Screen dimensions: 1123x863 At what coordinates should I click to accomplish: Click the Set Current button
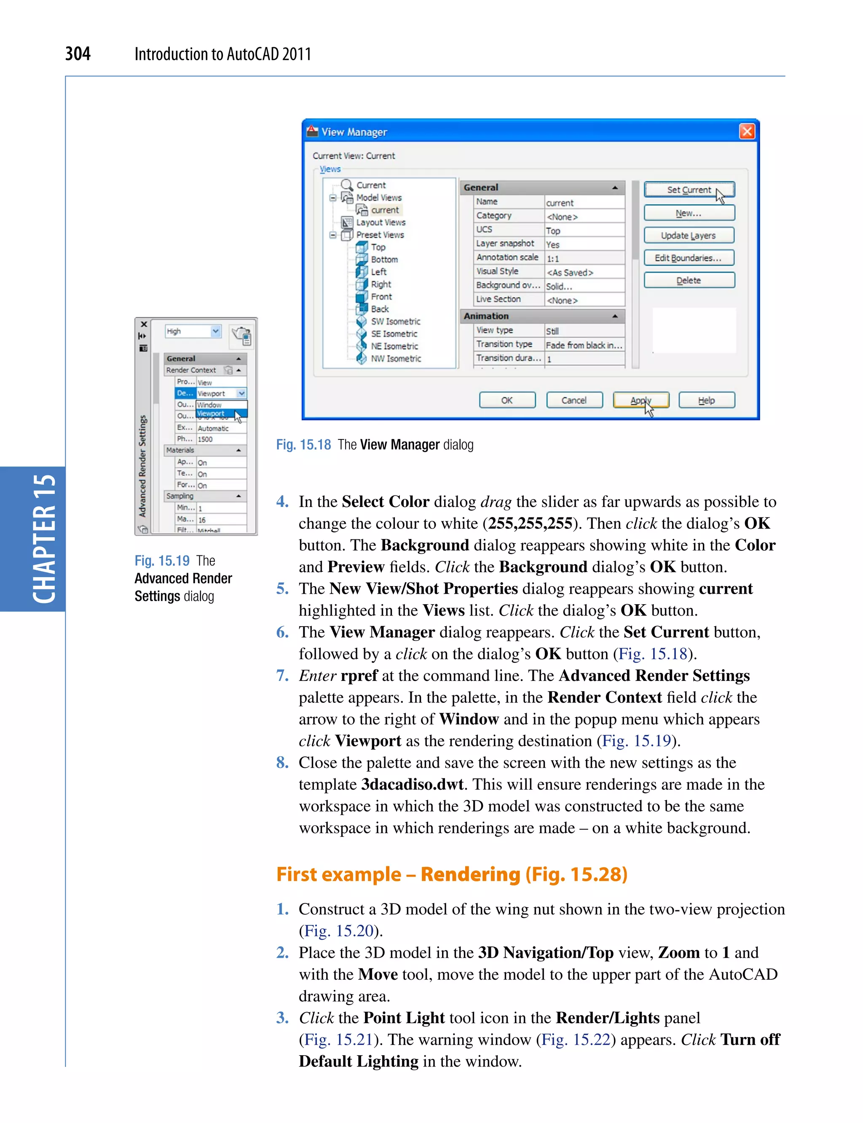(x=689, y=190)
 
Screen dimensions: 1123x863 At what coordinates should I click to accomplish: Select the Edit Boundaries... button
(x=689, y=258)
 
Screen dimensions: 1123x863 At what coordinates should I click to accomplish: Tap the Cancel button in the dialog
(x=574, y=400)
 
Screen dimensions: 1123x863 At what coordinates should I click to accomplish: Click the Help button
(x=706, y=400)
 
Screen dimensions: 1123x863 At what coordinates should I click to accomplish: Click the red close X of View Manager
(x=746, y=131)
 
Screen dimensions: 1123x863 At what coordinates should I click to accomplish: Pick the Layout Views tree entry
(x=381, y=222)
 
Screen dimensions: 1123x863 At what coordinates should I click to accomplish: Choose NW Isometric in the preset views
(x=396, y=359)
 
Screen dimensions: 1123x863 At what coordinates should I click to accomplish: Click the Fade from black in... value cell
(x=584, y=345)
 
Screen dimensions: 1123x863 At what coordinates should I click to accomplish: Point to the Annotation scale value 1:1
(x=553, y=258)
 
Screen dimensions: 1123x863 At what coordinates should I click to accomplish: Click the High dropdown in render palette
(x=193, y=331)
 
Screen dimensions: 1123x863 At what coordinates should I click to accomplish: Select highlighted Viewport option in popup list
(x=211, y=413)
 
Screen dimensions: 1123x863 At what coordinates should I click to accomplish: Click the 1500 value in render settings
(x=206, y=439)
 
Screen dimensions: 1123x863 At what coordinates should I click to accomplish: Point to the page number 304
(x=78, y=54)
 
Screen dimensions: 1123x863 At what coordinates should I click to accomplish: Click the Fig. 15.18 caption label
(x=303, y=445)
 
